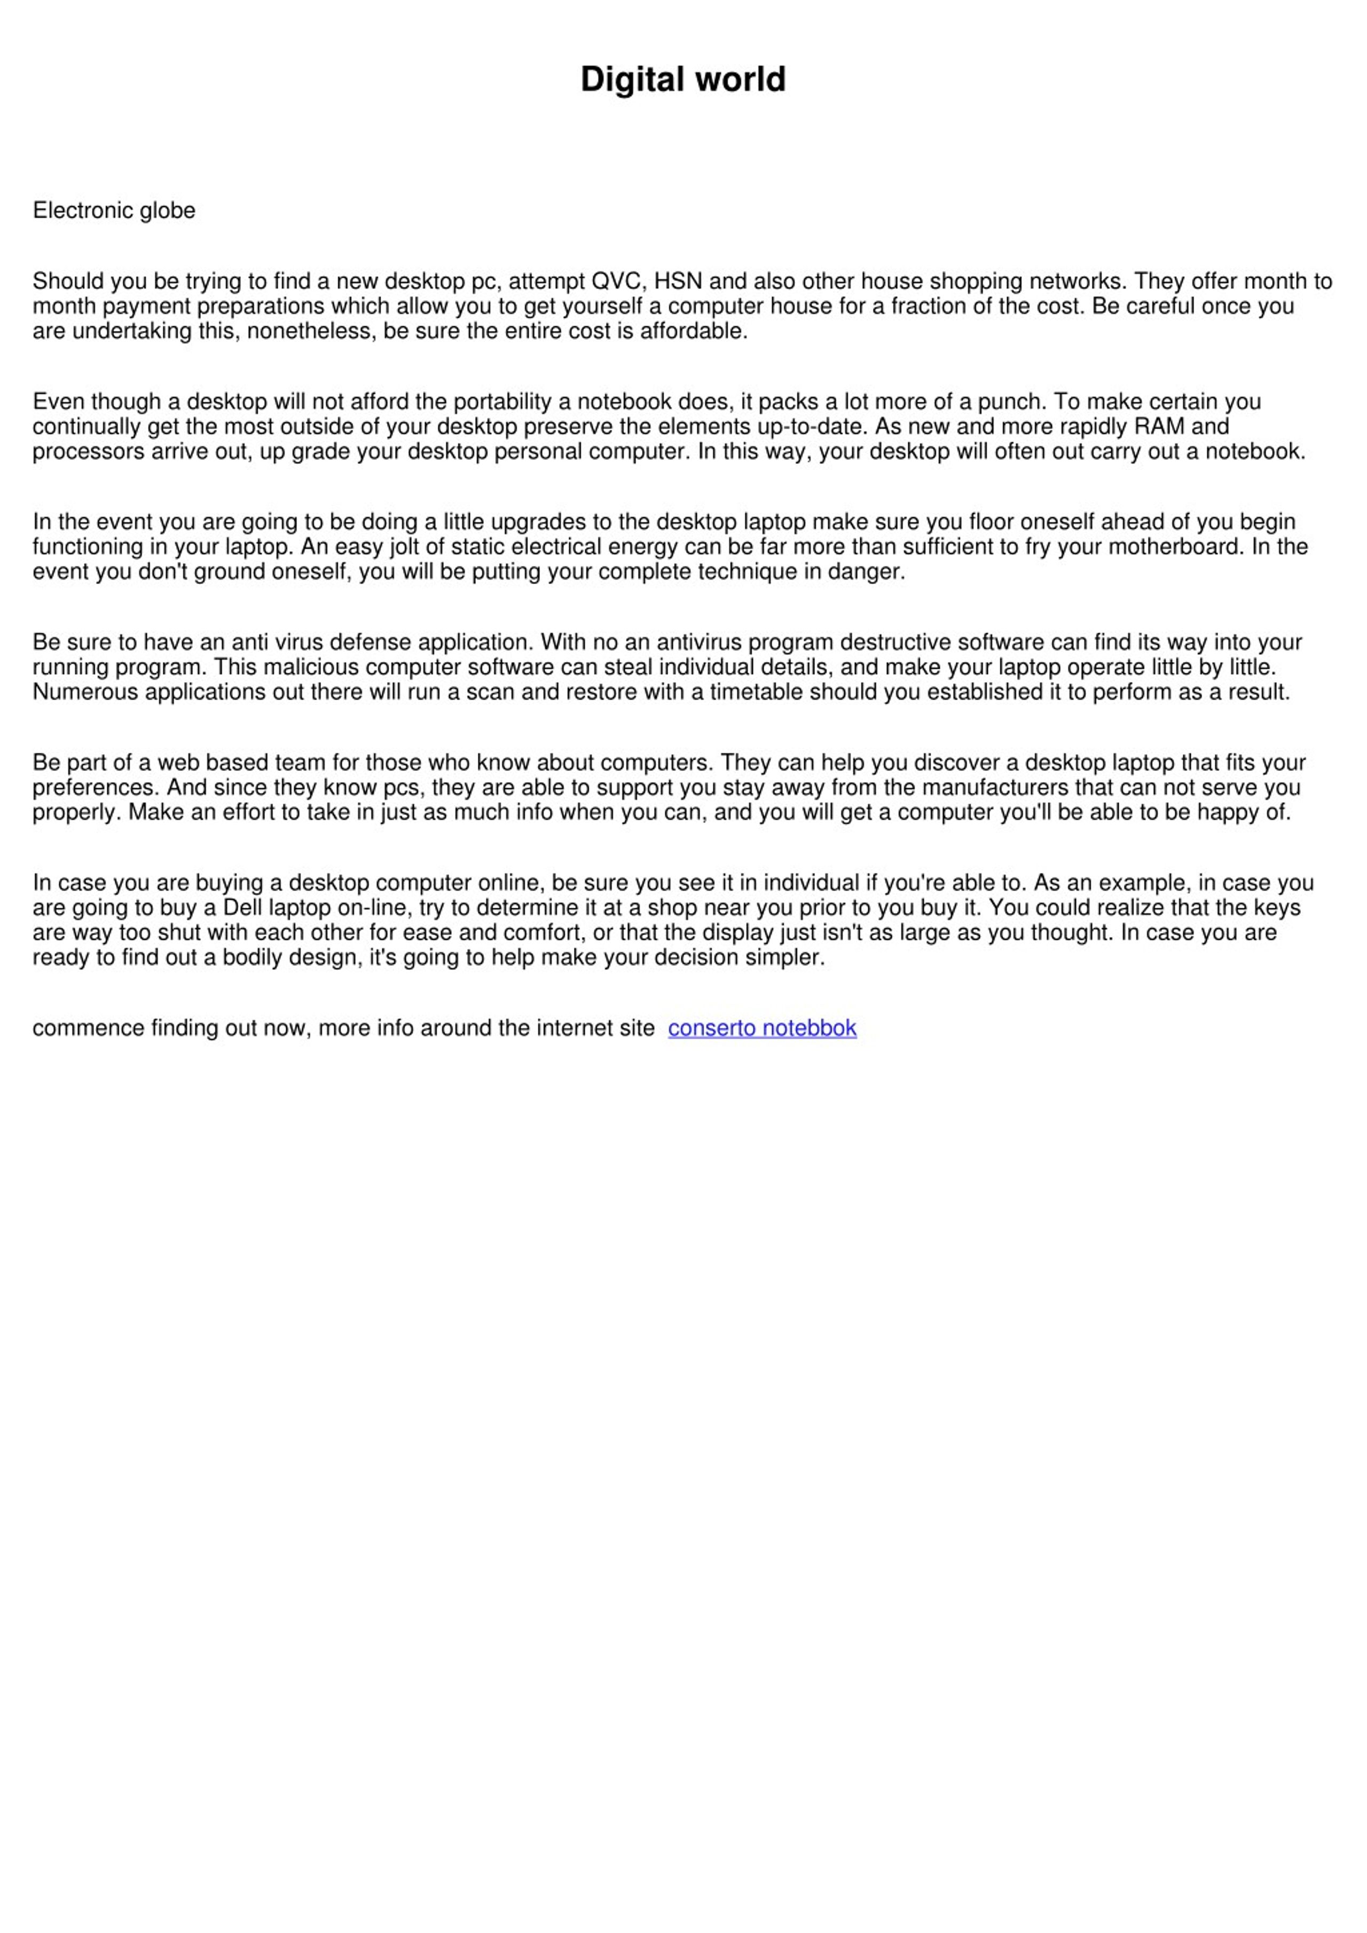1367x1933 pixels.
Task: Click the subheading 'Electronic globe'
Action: (114, 210)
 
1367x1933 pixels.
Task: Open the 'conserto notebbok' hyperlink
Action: (762, 1028)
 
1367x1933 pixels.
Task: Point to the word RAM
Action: (1159, 426)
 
